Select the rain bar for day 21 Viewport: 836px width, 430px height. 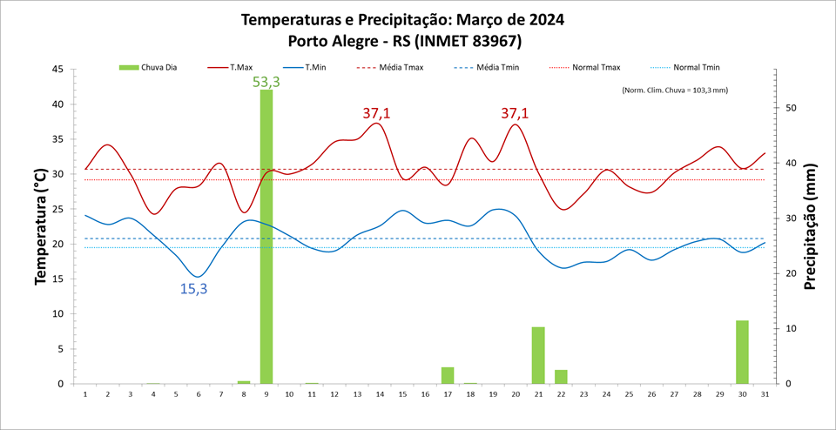[538, 355]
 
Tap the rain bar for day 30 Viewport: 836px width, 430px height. [742, 353]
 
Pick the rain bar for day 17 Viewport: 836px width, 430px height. [448, 375]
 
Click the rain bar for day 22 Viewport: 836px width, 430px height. [561, 377]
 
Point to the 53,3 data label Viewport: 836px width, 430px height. [266, 82]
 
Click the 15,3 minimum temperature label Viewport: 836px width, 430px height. [193, 289]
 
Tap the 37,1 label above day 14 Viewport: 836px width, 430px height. [377, 113]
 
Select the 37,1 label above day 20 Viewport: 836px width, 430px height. [515, 113]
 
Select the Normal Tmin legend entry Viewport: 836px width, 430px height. [697, 67]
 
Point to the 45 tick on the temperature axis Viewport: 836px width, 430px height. [57, 70]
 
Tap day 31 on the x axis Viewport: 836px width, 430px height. [765, 394]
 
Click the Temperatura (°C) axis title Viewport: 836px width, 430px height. [41, 226]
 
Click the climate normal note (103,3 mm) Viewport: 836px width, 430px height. [675, 90]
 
